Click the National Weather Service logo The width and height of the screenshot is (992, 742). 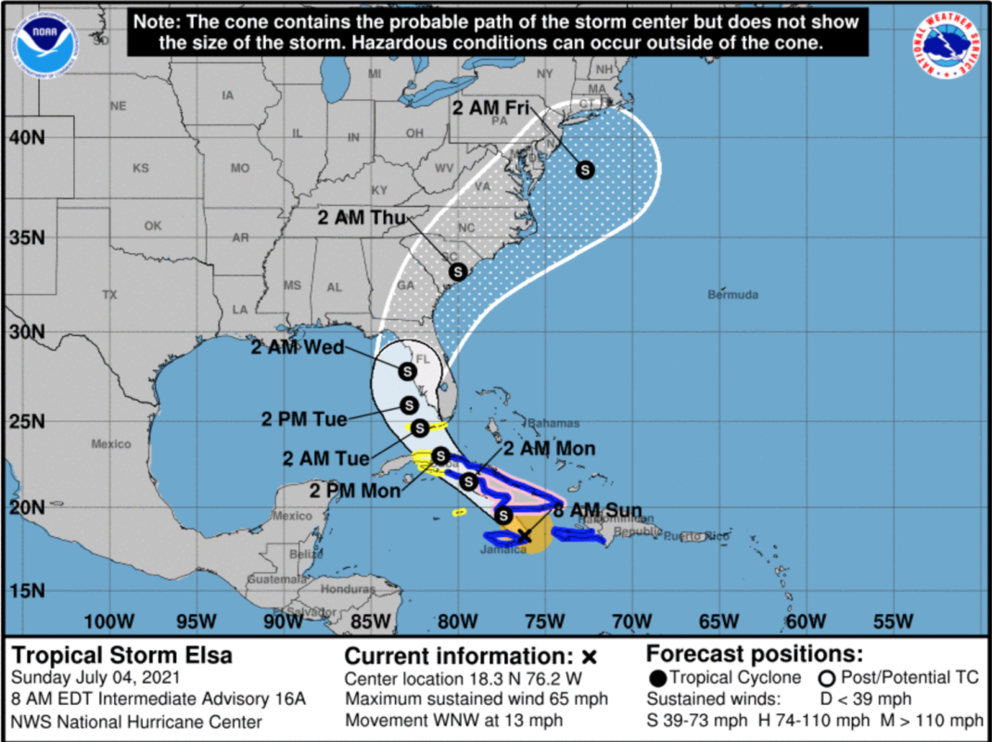click(x=951, y=46)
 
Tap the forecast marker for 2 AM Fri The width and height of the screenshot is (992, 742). click(x=585, y=169)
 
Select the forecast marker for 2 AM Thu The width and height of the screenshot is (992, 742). click(x=457, y=271)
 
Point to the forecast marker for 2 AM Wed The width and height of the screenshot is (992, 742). click(x=406, y=371)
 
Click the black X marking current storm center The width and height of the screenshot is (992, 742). click(x=524, y=535)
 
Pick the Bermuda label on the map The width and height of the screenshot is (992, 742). click(x=732, y=295)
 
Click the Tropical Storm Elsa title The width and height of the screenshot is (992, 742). click(x=122, y=656)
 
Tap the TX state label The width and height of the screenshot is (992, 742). click(x=109, y=295)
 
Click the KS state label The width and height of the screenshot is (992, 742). click(x=140, y=169)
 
